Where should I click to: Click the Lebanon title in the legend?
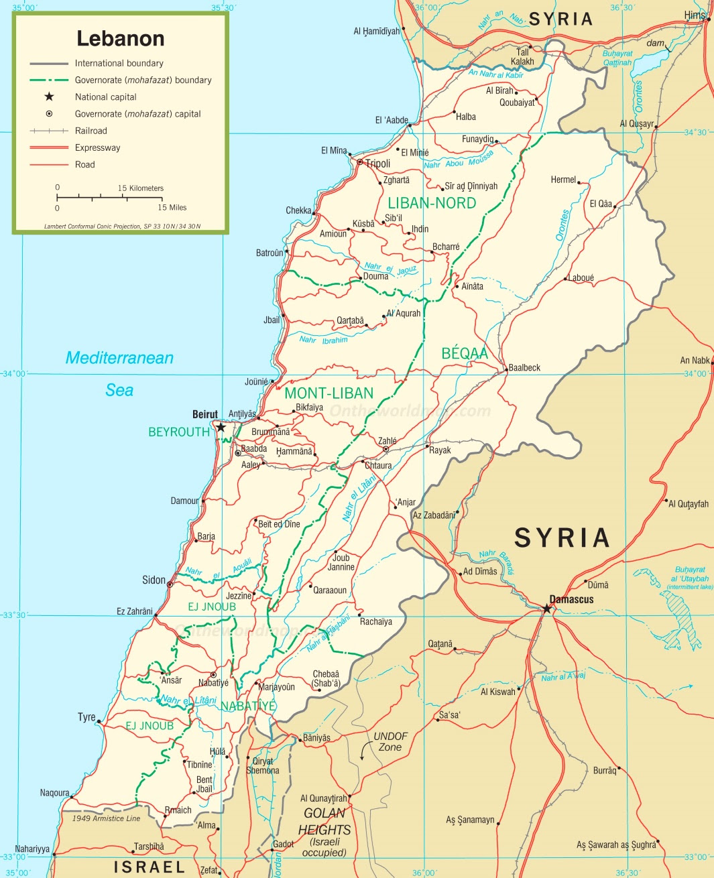coord(121,39)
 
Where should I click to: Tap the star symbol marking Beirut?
coord(221,427)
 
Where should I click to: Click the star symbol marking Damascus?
coord(547,609)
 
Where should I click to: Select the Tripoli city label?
coord(377,164)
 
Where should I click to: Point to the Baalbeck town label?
coord(524,367)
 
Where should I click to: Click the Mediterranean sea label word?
coord(119,358)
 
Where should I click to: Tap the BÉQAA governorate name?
coord(465,353)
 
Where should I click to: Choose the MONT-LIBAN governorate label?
coord(329,393)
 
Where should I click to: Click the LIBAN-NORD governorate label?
coord(432,203)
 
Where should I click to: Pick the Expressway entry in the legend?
coord(97,147)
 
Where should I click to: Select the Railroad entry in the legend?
coord(91,131)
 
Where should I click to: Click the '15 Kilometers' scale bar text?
coord(141,188)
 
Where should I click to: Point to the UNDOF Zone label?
coord(390,741)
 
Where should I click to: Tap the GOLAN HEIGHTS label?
coord(324,822)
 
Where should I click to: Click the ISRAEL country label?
coord(149,867)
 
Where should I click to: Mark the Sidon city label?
coord(154,580)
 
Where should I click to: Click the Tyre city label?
coord(86,717)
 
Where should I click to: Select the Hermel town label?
coord(563,180)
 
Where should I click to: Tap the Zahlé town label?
coord(388,440)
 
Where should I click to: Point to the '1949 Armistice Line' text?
coord(106,818)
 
